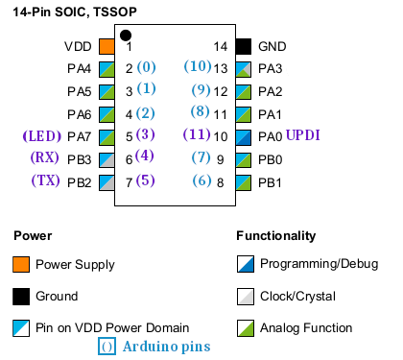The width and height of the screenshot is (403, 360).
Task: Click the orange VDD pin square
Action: [107, 46]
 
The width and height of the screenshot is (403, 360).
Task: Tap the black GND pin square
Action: [243, 46]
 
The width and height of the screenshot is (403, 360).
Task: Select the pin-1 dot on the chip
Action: [126, 36]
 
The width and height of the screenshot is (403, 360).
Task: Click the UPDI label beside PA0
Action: [304, 135]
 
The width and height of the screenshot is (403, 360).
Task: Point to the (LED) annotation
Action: [44, 135]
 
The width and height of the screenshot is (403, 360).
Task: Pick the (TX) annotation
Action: [47, 180]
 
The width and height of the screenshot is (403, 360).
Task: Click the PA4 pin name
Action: [79, 69]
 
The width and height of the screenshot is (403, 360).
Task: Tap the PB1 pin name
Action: [270, 181]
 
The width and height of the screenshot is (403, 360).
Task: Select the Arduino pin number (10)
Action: [197, 67]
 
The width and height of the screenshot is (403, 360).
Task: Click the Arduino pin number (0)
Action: [146, 67]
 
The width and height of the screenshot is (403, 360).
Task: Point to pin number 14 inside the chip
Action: [220, 46]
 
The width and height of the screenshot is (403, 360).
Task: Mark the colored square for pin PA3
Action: [243, 69]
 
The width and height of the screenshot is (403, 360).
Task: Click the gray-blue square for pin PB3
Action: [107, 158]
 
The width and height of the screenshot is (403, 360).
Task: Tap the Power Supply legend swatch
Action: [21, 264]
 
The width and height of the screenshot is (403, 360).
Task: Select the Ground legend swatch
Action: [21, 296]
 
